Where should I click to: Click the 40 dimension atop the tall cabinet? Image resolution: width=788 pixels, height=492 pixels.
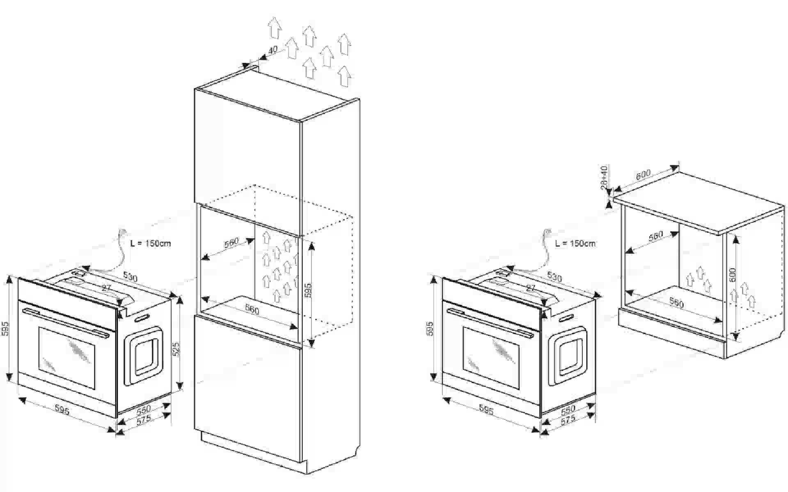(273, 50)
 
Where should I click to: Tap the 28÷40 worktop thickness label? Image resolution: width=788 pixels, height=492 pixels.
(604, 177)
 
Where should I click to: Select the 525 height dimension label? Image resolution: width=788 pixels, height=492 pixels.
(176, 349)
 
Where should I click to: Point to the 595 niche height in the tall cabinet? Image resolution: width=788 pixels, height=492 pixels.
(308, 290)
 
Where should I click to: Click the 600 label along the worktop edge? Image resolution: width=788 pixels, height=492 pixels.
(643, 175)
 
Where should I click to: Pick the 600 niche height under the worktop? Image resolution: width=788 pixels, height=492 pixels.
(732, 274)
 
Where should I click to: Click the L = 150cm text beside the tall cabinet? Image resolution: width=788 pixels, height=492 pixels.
(150, 243)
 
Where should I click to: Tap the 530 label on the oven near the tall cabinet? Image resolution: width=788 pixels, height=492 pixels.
(130, 277)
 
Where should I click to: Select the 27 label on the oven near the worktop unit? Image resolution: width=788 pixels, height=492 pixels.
(531, 288)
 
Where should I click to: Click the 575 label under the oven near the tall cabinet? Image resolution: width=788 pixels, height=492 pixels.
(144, 420)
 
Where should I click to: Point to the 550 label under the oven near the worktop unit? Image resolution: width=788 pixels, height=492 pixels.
(568, 409)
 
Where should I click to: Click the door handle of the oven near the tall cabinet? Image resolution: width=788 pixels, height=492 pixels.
(66, 322)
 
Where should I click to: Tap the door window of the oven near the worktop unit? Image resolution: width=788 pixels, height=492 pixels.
(491, 358)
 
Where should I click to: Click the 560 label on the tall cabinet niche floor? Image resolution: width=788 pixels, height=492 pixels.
(252, 310)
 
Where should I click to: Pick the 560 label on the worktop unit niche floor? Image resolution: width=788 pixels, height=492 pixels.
(676, 303)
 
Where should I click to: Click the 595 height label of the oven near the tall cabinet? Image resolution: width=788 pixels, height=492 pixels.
(5, 329)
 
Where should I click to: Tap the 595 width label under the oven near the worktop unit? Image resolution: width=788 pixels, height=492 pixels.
(486, 410)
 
